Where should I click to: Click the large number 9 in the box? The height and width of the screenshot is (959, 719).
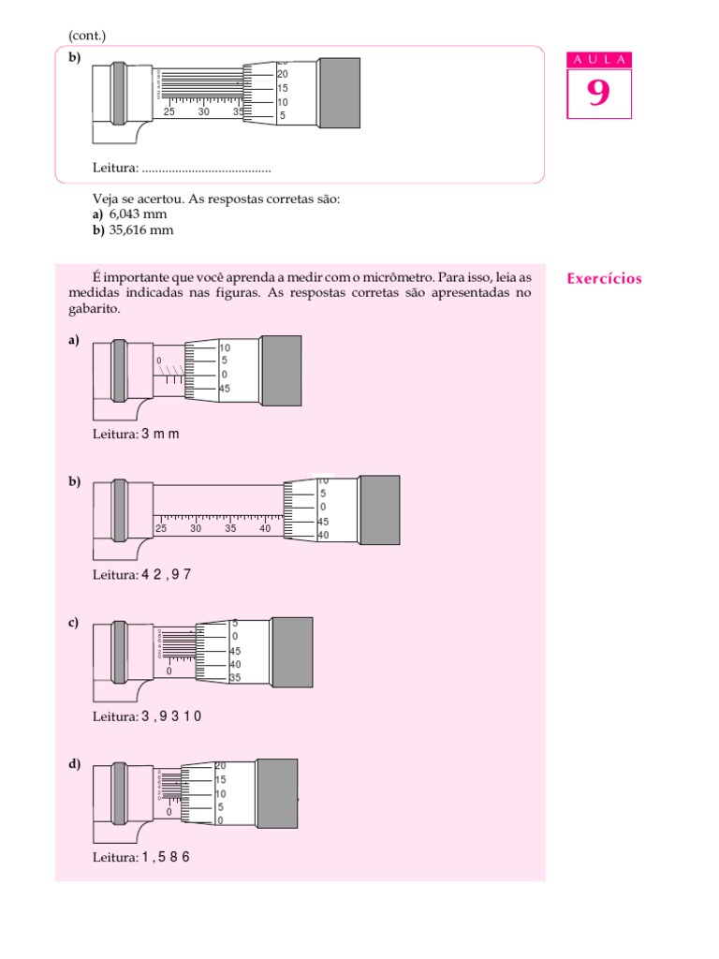tap(598, 95)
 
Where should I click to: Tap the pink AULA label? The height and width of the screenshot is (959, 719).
tap(599, 60)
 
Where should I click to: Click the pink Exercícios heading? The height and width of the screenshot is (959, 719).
tap(605, 278)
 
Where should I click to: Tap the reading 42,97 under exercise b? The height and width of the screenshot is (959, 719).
tap(167, 574)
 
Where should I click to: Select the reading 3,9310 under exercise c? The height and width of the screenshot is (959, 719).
tap(171, 716)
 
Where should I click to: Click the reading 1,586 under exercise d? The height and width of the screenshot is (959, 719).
tap(166, 857)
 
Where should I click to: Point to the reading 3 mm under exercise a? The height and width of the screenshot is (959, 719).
tap(160, 435)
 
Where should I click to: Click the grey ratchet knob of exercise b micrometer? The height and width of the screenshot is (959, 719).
tap(379, 509)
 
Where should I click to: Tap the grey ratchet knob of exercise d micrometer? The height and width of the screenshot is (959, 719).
tap(277, 793)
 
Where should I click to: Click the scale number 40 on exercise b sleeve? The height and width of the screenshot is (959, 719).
tap(266, 528)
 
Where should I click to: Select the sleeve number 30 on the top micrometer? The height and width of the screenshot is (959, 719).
tap(204, 111)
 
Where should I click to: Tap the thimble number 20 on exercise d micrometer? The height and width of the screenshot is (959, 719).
tap(221, 766)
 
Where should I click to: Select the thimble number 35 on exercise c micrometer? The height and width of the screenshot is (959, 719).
tap(235, 678)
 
